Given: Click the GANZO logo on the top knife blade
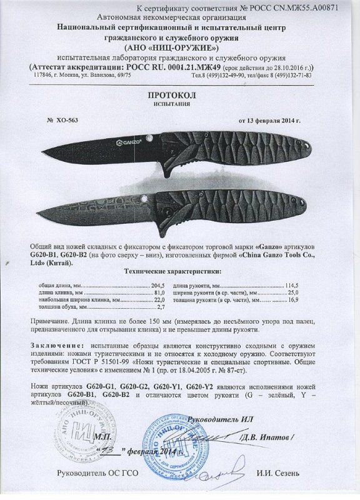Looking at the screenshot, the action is [x=127, y=142].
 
